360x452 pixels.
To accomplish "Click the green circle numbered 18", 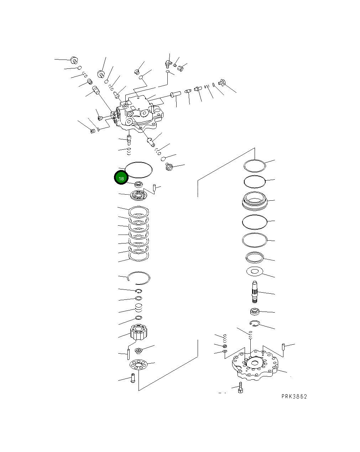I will [x=121, y=178].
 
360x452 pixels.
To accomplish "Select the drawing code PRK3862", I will [x=294, y=396].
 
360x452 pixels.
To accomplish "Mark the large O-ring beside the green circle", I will [x=139, y=169].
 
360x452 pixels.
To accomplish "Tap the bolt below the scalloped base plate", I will [x=240, y=388].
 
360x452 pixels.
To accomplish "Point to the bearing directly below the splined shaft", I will [x=254, y=312].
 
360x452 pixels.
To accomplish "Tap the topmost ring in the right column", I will [x=255, y=166].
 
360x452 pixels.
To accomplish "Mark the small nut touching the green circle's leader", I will [x=139, y=185].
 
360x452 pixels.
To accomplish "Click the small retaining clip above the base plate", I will [x=255, y=324].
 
